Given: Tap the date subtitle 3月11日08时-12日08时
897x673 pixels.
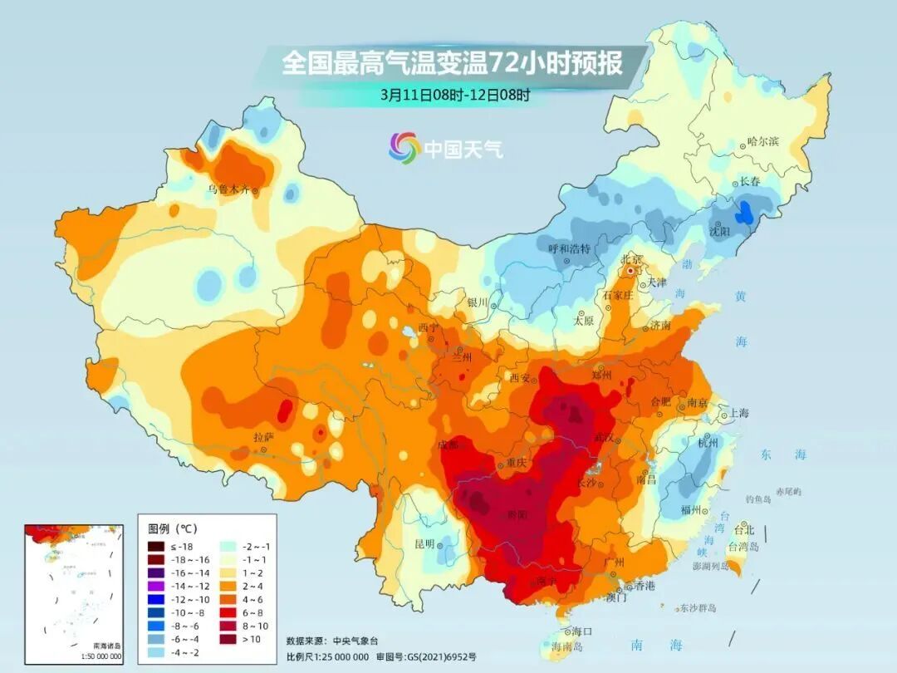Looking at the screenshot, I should (x=455, y=95).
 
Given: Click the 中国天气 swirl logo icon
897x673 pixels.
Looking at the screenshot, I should (x=404, y=148).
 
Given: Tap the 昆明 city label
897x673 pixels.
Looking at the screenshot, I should (x=424, y=544).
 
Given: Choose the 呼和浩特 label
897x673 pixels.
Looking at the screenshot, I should (x=569, y=248).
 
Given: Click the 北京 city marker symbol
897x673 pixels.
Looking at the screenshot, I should (x=631, y=271).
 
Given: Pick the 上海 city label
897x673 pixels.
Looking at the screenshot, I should (x=738, y=413).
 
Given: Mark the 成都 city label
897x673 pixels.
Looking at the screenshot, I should (x=448, y=445).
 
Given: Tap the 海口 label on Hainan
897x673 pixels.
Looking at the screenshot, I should (x=584, y=631).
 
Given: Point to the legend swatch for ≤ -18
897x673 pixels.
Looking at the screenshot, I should (x=156, y=546).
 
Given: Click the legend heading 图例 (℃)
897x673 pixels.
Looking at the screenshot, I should (x=173, y=528).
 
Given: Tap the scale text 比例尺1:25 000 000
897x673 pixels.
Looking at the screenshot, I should (x=327, y=656).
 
